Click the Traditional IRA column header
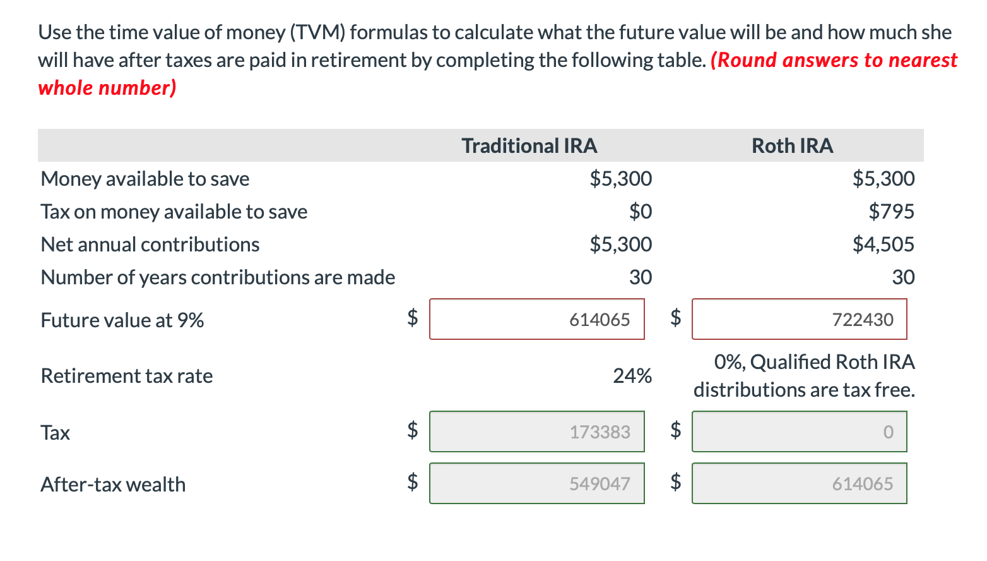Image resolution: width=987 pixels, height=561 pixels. [529, 146]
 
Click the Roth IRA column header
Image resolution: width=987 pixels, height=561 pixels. [792, 146]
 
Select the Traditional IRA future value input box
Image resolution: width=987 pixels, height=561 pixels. [536, 319]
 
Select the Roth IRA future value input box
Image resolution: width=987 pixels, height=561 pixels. [799, 319]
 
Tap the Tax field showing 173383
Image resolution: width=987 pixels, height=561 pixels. [536, 431]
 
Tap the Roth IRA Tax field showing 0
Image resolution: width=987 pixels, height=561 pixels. [799, 431]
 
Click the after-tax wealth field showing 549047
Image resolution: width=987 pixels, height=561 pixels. [536, 483]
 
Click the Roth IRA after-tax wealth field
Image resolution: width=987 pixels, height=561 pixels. [799, 483]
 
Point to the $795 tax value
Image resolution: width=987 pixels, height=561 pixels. [891, 211]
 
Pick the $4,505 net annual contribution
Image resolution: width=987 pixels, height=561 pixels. [883, 244]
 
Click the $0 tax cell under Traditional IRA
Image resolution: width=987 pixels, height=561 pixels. [640, 211]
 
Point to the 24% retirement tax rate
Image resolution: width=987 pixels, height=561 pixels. [632, 376]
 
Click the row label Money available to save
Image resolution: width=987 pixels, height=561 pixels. [145, 179]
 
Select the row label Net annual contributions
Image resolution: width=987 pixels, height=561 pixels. [150, 244]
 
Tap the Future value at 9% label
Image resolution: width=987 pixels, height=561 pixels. [122, 320]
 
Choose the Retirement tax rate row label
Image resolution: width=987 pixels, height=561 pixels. [127, 376]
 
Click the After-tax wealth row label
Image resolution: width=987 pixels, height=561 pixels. [113, 485]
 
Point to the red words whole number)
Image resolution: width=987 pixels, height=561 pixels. [107, 88]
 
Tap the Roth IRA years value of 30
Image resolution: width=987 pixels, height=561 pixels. [903, 277]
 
